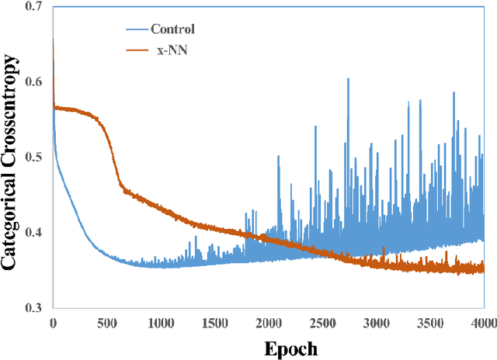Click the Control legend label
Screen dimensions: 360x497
(x=172, y=30)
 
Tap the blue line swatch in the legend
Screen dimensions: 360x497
(x=137, y=30)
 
